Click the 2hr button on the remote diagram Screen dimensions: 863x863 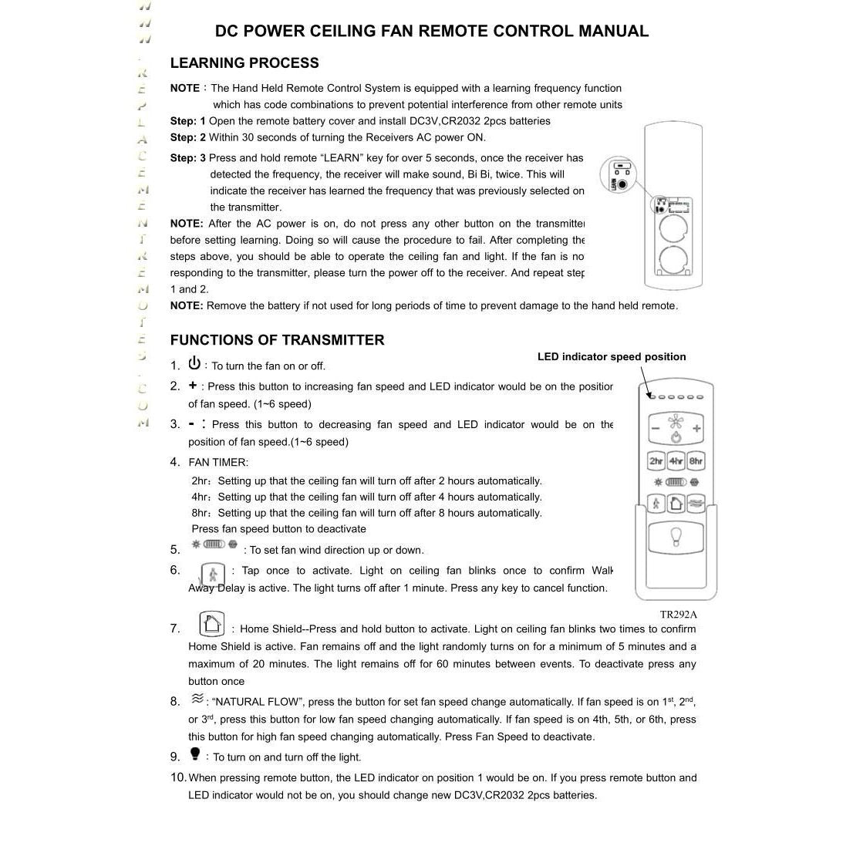click(656, 461)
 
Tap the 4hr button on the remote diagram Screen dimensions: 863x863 click(676, 461)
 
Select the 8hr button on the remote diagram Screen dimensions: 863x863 click(696, 461)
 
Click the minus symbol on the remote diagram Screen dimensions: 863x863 click(656, 429)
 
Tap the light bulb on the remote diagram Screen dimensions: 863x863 click(676, 537)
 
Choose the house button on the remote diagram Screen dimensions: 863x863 click(676, 504)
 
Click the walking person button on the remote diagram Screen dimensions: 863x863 click(656, 504)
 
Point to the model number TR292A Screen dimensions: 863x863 click(678, 615)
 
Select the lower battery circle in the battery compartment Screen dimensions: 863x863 click(673, 261)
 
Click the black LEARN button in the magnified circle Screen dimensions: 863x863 click(622, 185)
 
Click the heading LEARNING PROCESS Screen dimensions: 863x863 click(244, 63)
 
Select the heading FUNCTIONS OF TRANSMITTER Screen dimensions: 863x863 click(277, 340)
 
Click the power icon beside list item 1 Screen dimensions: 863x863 click(194, 363)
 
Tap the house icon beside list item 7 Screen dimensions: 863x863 click(211, 623)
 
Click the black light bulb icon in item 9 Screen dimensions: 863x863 click(195, 754)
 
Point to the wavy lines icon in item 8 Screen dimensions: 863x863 click(197, 699)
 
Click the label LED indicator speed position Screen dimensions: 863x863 click(612, 356)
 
